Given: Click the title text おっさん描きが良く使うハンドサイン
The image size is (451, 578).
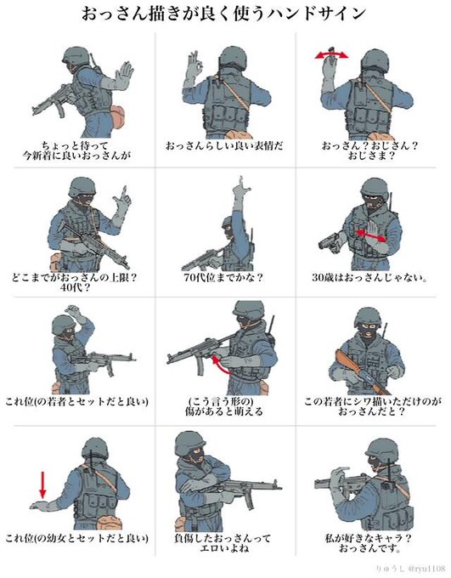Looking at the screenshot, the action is tap(223, 14).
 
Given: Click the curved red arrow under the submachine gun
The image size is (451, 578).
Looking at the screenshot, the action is tap(220, 364).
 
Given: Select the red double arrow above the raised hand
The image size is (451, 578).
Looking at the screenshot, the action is tap(331, 55).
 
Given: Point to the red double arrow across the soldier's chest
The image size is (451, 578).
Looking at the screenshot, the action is tap(371, 235).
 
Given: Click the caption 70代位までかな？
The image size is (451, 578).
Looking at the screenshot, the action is tap(223, 277).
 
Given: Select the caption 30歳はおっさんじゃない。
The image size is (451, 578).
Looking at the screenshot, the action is tap(369, 277).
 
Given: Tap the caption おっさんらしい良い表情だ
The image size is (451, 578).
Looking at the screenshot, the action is tap(224, 145).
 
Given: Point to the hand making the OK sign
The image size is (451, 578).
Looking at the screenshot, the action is tap(194, 66).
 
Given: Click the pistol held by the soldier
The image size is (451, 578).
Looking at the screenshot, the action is tap(330, 242).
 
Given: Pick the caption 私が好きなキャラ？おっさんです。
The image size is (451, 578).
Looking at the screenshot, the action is tap(369, 543).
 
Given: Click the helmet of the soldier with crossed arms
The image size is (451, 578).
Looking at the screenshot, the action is tap(190, 443).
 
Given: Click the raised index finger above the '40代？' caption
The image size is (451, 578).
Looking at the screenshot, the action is tap(125, 191).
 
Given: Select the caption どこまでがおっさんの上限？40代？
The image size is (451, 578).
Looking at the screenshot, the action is tap(75, 282).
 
